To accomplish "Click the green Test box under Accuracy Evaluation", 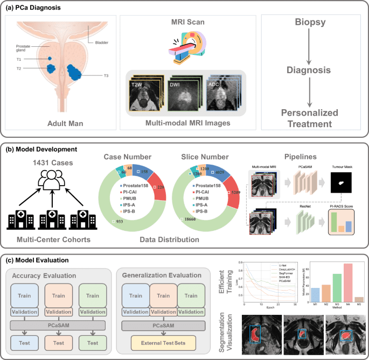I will click(x=93, y=342).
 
